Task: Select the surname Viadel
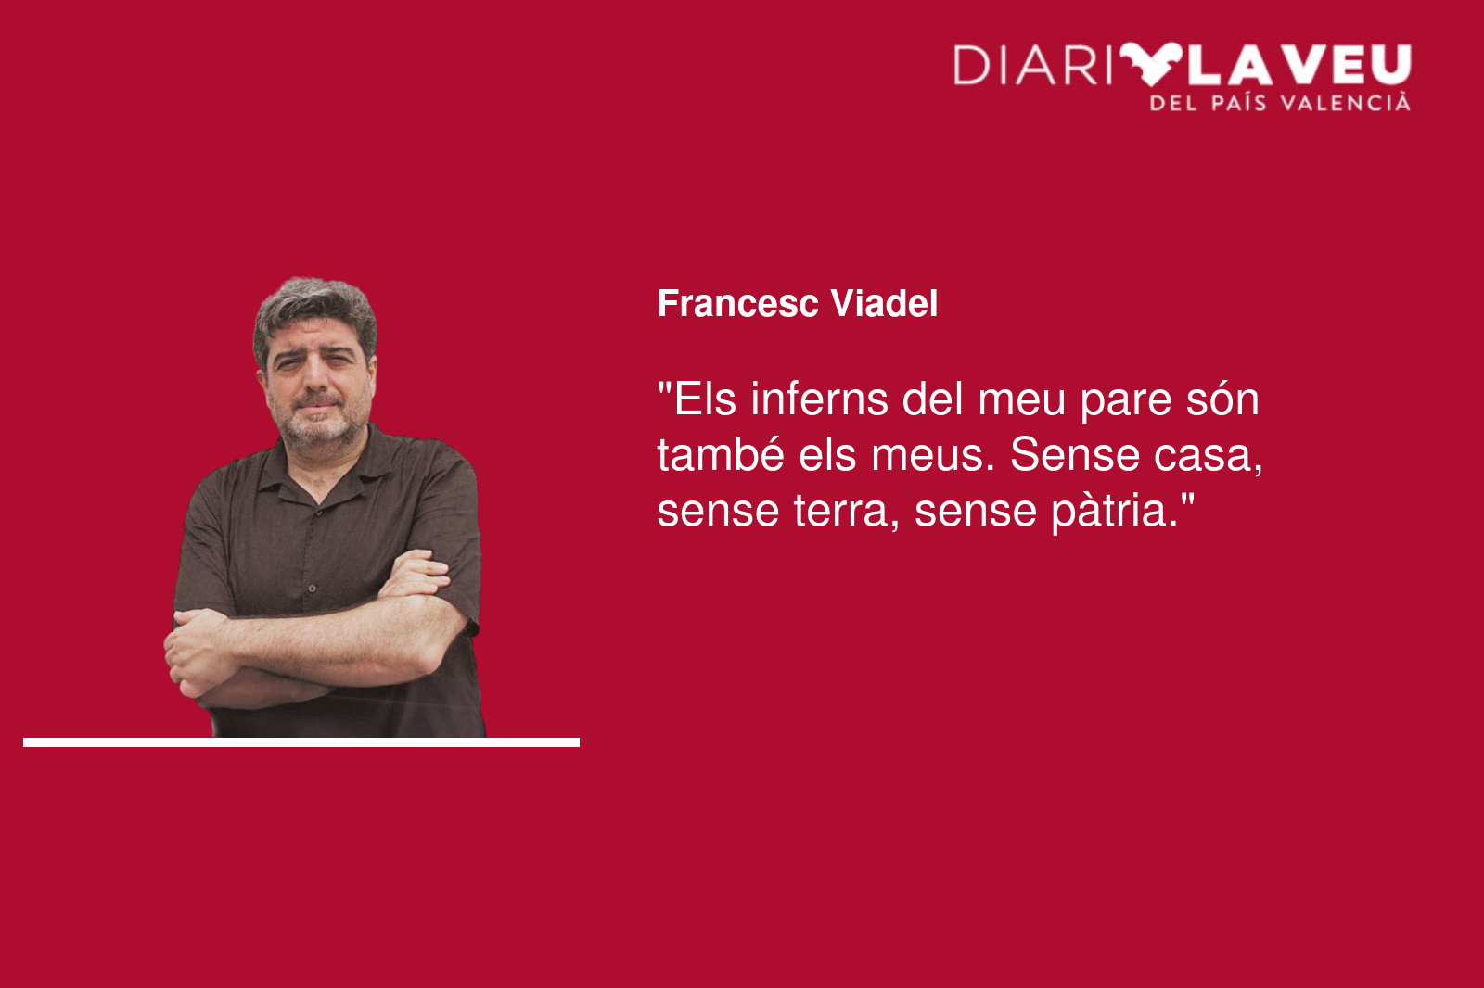pyautogui.click(x=884, y=303)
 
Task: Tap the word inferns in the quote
pyautogui.click(x=820, y=399)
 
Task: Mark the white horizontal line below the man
pyautogui.click(x=301, y=742)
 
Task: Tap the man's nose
pyautogui.click(x=316, y=377)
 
